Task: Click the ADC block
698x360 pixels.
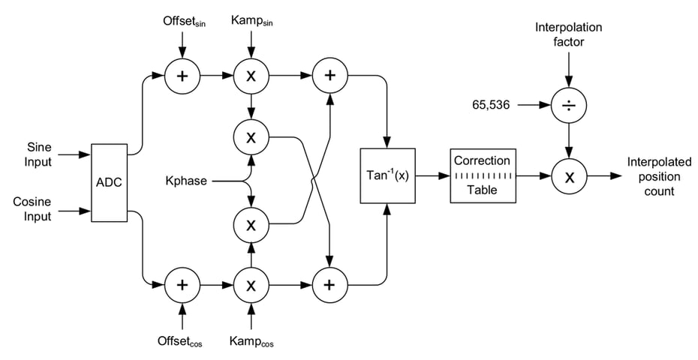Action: [109, 182]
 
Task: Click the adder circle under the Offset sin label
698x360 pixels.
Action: [182, 75]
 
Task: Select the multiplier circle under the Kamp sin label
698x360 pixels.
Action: [251, 75]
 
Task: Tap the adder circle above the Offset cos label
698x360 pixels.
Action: [182, 285]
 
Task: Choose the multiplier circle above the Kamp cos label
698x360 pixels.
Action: [251, 285]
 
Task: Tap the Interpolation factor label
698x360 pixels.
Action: [568, 34]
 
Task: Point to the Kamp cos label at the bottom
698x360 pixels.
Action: [251, 341]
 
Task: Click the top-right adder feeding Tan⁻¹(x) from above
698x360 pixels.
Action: [327, 75]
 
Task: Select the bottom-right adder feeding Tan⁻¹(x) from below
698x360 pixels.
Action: [327, 285]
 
